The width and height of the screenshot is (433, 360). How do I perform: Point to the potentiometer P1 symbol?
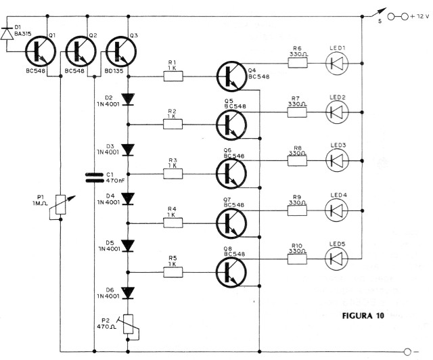(x=61, y=201)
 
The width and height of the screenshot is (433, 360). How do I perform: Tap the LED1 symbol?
(x=337, y=64)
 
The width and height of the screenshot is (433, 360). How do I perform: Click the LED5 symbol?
(x=337, y=258)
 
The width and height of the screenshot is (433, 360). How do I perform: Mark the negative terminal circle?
(x=407, y=351)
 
